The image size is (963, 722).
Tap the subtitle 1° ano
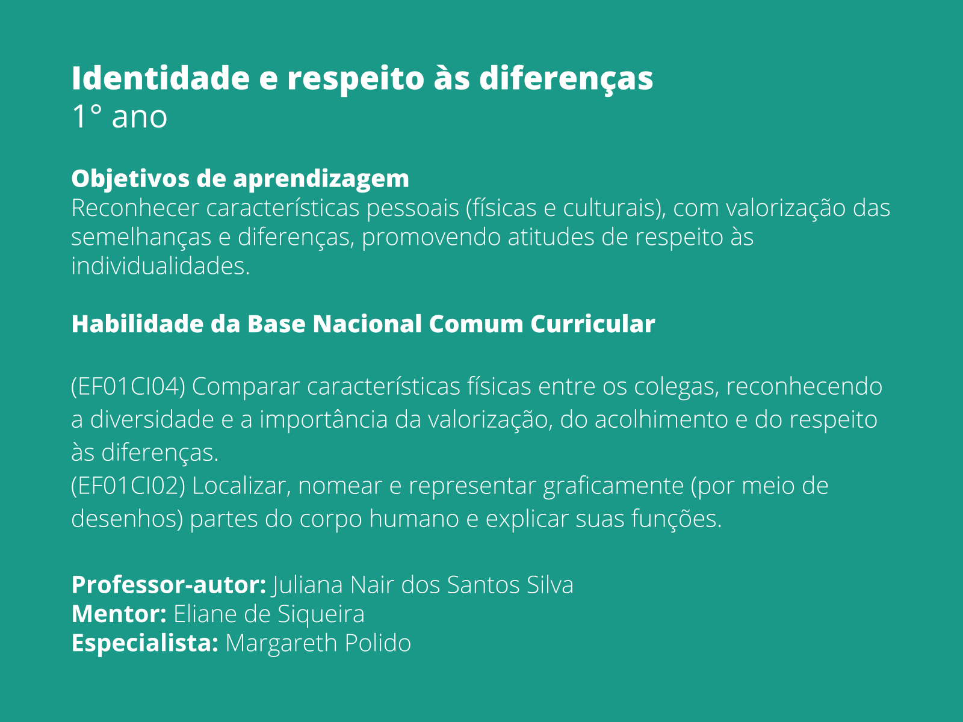point(119,116)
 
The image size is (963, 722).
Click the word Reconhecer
point(135,208)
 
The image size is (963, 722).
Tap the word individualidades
point(160,266)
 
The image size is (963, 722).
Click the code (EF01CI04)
point(128,386)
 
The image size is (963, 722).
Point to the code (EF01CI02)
point(128,486)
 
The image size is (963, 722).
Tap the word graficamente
point(613,486)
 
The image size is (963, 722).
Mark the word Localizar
point(241,486)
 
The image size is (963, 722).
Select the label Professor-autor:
point(169,585)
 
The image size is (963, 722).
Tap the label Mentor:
point(119,614)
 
